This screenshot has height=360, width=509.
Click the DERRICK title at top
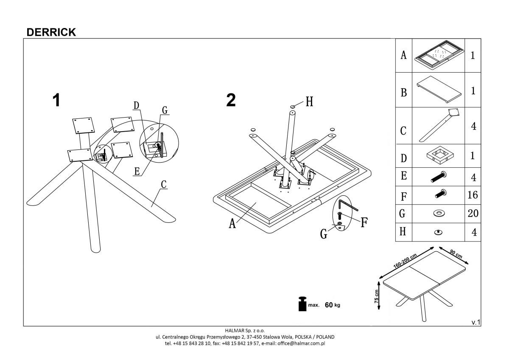click(x=51, y=32)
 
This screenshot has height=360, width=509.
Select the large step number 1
click(x=56, y=101)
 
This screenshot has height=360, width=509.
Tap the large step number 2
click(x=231, y=101)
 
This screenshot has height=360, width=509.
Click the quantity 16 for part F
click(x=473, y=195)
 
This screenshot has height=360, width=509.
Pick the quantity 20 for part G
click(x=473, y=214)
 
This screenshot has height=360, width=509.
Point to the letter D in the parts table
click(x=403, y=158)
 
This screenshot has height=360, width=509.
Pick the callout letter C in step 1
click(x=164, y=185)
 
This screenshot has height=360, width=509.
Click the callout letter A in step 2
click(x=232, y=223)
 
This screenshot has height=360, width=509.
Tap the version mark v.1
click(x=475, y=322)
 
